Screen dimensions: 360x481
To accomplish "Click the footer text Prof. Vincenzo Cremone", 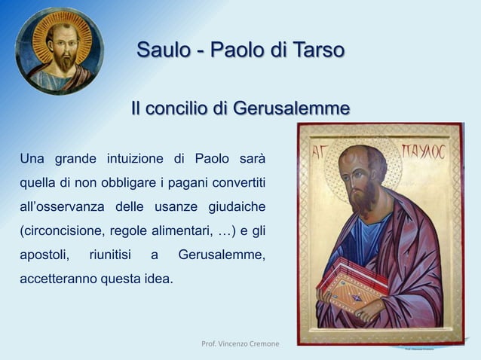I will pyautogui.click(x=240, y=343).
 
